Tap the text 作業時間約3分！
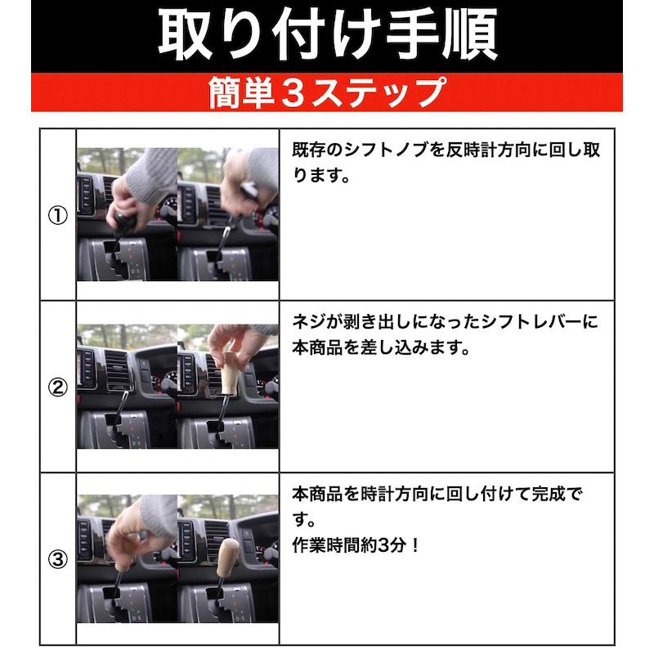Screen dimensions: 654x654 [356, 542]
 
